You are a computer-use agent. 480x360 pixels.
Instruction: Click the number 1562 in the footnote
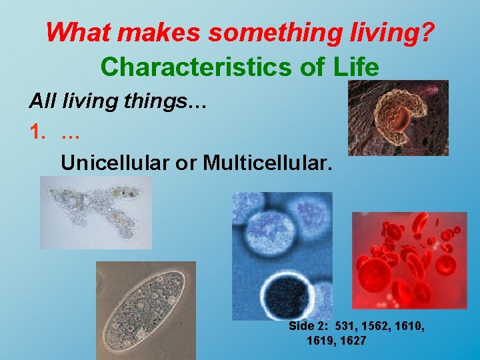pos(380,327)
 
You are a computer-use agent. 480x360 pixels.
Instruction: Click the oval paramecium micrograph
pos(145,310)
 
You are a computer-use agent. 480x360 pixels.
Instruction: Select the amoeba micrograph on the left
pos(96,212)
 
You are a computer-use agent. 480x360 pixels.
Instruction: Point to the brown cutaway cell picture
pos(398,118)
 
